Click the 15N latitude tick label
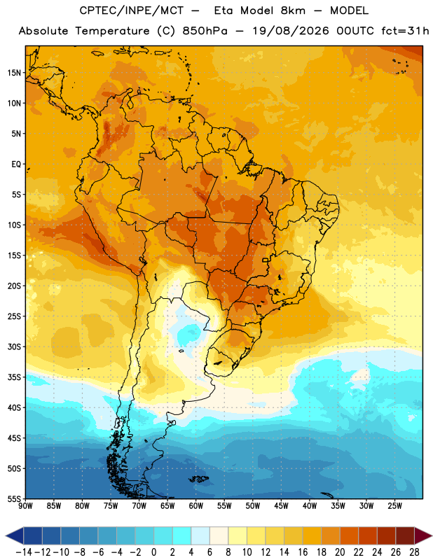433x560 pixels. [14, 73]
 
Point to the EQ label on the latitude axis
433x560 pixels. [16, 164]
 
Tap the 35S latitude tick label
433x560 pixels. [14, 377]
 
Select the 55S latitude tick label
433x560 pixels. [14, 498]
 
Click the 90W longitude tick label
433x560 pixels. [25, 506]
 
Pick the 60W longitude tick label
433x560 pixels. [196, 506]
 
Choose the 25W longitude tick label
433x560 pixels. [394, 506]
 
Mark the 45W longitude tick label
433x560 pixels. [282, 506]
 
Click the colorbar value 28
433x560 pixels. [414, 552]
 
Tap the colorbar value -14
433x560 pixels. [24, 552]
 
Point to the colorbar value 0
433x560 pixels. [153, 552]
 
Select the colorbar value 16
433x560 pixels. [303, 552]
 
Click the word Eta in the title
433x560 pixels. [224, 10]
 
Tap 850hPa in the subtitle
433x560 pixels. [205, 31]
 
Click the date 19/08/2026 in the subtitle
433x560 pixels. [291, 31]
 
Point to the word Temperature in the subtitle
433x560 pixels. [113, 31]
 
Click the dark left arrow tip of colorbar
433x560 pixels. [6, 536]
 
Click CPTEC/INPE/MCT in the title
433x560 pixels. [132, 10]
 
